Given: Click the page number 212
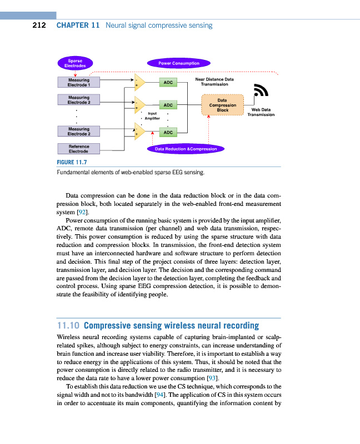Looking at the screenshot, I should pos(39,25).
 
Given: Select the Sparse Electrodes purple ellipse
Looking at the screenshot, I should pos(76,63).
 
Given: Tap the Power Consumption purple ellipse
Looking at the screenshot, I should pos(179,63).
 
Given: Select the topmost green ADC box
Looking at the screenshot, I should pos(168,82).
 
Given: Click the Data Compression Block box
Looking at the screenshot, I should pos(222,105).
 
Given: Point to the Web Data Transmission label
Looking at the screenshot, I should pos(261,112).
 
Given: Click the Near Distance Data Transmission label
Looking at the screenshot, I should pos(214,82).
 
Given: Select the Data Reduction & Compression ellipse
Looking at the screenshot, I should pos(186,149).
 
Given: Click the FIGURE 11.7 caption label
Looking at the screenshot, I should pos(72,162).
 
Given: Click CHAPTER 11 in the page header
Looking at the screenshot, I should pos(78,25).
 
